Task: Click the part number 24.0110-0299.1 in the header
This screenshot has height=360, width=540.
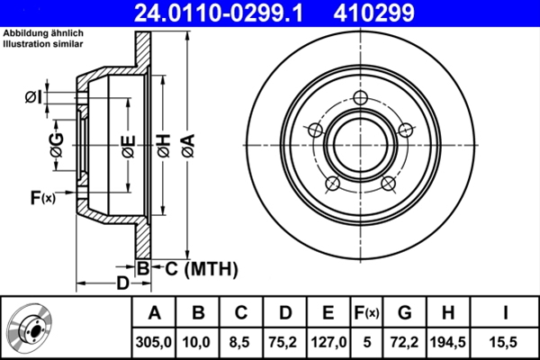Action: (x=233, y=13)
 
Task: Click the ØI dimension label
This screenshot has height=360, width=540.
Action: (x=34, y=96)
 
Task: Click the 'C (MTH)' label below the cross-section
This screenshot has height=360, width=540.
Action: (x=200, y=267)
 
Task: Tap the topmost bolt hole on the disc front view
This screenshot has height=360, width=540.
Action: (x=361, y=100)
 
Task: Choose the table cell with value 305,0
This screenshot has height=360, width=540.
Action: (x=155, y=340)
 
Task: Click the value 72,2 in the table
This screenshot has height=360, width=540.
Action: (x=404, y=340)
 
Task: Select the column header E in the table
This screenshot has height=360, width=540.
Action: (x=328, y=312)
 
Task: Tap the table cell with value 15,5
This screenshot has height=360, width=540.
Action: (x=506, y=340)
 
